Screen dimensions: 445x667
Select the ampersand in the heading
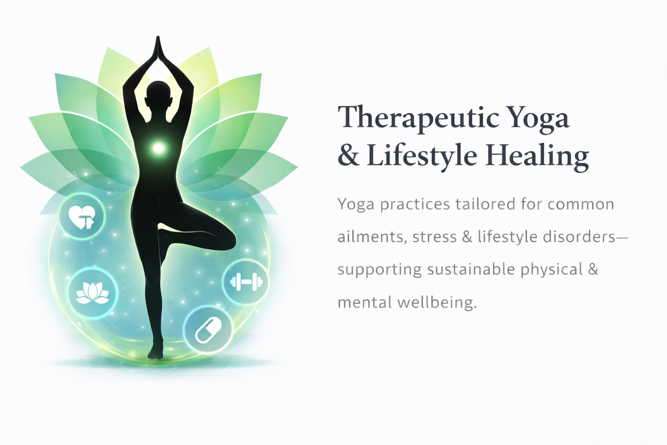[348, 155]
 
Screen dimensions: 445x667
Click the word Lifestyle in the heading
[422, 156]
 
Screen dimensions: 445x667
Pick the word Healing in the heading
[537, 156]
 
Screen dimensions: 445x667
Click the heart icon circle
[82, 216]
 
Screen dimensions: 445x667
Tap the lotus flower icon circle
[92, 293]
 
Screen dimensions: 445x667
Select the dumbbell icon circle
[246, 282]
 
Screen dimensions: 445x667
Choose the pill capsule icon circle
[208, 330]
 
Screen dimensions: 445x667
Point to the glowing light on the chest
[158, 148]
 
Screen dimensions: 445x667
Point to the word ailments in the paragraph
[372, 237]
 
